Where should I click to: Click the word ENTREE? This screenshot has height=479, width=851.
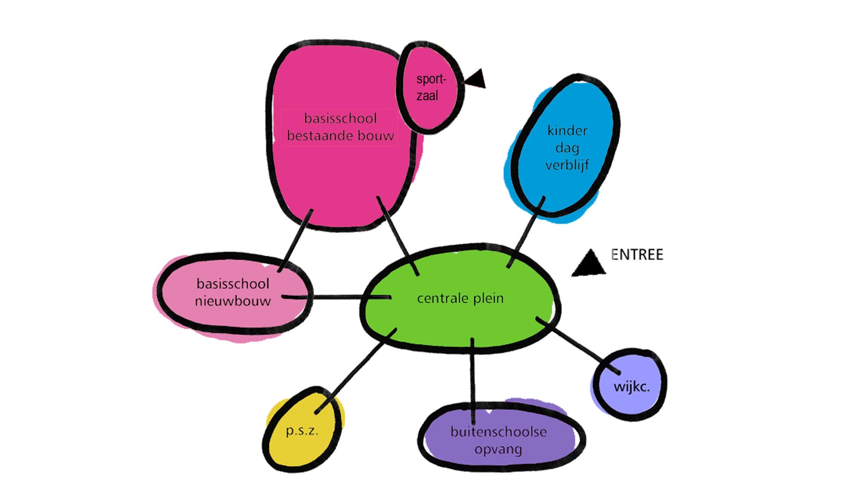(637, 255)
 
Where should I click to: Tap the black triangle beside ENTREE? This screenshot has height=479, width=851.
(589, 265)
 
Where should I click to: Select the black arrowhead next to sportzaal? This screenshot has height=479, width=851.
(476, 79)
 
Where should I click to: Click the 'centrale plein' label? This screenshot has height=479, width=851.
(460, 298)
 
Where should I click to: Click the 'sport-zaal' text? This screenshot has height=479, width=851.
(430, 87)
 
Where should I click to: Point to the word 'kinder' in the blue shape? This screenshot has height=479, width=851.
(567, 131)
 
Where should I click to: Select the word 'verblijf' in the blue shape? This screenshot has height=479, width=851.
(567, 165)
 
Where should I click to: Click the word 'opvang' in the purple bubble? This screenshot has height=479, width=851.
(498, 450)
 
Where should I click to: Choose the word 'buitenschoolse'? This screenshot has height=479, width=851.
(499, 432)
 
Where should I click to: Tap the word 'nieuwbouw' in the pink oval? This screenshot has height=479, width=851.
(233, 301)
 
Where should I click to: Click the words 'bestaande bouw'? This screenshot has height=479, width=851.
(340, 136)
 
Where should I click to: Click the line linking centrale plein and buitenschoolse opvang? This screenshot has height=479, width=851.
(472, 377)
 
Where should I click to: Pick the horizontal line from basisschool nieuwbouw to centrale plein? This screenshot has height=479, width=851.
(337, 297)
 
